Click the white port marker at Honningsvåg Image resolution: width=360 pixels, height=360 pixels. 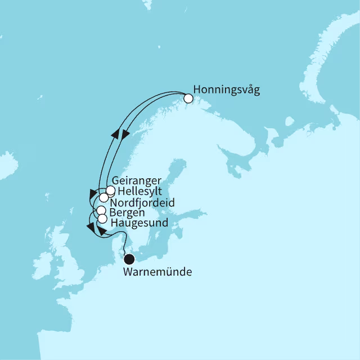(x=188, y=98)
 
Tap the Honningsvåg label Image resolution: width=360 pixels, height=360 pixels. (x=226, y=90)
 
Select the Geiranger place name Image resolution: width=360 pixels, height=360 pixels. (x=137, y=181)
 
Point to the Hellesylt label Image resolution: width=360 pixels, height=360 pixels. (x=140, y=192)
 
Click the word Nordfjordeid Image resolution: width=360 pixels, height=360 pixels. (x=142, y=202)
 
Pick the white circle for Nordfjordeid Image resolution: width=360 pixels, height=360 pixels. (x=104, y=198)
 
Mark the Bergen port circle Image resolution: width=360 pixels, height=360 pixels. (x=101, y=210)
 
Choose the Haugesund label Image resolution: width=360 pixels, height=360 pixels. (x=139, y=223)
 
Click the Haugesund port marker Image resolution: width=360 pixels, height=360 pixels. (x=102, y=218)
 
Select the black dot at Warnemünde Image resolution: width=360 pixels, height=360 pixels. (x=129, y=259)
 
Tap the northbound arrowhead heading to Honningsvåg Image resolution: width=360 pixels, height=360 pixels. (x=115, y=134)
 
